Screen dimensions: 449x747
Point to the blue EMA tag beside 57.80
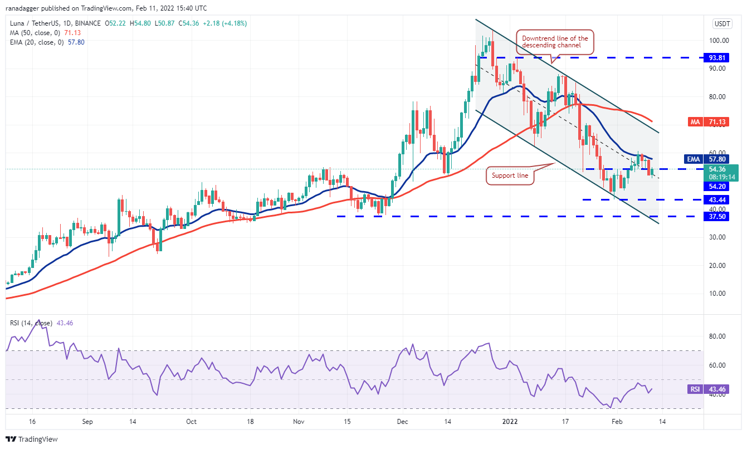(694, 159)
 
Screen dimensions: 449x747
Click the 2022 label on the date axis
(511, 422)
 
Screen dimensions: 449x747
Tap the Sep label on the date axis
(87, 422)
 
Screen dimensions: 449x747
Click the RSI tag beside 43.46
(695, 389)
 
